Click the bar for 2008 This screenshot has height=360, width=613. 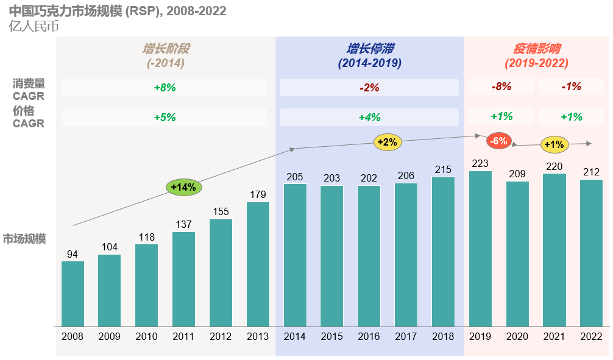click(x=73, y=294)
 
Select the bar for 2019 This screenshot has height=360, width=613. click(x=480, y=249)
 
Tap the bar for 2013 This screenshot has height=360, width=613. click(x=258, y=264)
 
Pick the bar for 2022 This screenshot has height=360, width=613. click(x=591, y=253)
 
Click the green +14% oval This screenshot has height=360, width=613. click(x=183, y=187)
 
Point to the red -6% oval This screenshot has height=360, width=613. click(x=498, y=141)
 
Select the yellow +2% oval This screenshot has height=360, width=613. click(x=387, y=143)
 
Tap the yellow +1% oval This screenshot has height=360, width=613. click(x=554, y=144)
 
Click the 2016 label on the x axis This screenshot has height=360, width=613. click(x=369, y=337)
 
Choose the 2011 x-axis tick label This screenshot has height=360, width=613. click(x=183, y=337)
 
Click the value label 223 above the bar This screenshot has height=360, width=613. click(x=480, y=163)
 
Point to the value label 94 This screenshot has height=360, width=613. click(x=73, y=254)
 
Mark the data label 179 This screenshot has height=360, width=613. click(x=258, y=195)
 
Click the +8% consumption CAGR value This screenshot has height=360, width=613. click(x=165, y=88)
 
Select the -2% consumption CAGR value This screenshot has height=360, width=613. click(x=369, y=88)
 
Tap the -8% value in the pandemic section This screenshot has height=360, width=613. click(x=501, y=87)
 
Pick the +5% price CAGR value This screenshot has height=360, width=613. click(x=165, y=118)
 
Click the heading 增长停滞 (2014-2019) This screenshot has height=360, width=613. click(x=369, y=55)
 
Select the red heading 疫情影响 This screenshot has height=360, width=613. click(x=536, y=49)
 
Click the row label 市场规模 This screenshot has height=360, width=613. click(x=24, y=238)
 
